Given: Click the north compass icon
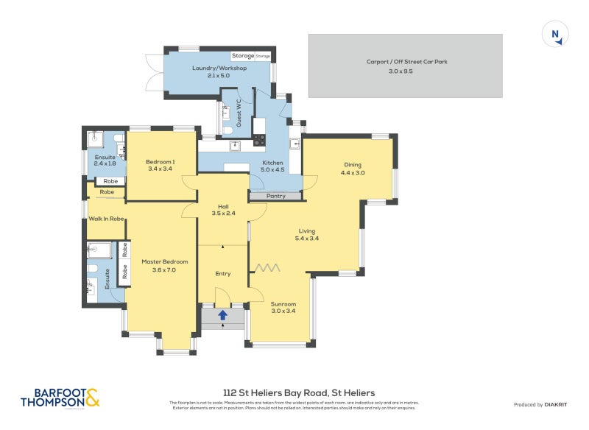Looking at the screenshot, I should [x=555, y=35].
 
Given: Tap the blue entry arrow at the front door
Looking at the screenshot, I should [x=222, y=316].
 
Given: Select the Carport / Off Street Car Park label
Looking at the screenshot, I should [x=406, y=62].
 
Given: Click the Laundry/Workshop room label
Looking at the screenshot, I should [x=219, y=68].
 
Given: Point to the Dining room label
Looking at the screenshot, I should [x=353, y=164].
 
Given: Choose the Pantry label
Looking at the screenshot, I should [x=276, y=196].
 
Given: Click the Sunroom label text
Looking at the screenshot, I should [x=283, y=303].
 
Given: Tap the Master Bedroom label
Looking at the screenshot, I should [x=164, y=261].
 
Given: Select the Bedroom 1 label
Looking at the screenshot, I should [x=160, y=161].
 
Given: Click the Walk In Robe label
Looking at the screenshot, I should [x=105, y=219].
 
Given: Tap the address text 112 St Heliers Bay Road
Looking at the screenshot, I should [x=298, y=393].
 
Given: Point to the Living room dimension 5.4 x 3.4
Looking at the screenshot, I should [x=306, y=239].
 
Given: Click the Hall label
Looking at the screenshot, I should [x=224, y=206].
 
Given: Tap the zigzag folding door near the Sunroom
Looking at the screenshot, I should [x=267, y=267].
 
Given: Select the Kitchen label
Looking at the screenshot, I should [x=273, y=163].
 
